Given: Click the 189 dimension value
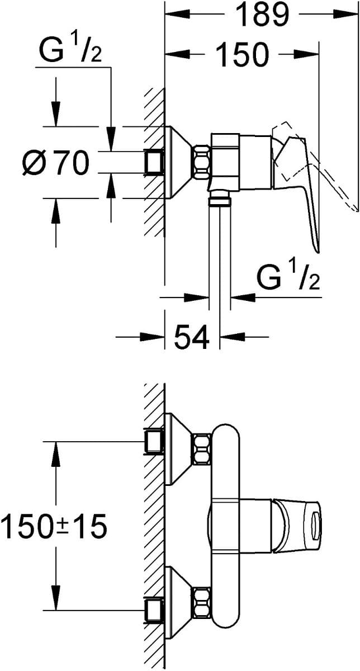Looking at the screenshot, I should pos(262,16).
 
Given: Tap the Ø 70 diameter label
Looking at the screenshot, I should pos(56,163).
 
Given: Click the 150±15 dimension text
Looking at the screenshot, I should pos(54,526).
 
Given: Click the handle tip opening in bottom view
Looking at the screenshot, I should pos(316,526).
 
